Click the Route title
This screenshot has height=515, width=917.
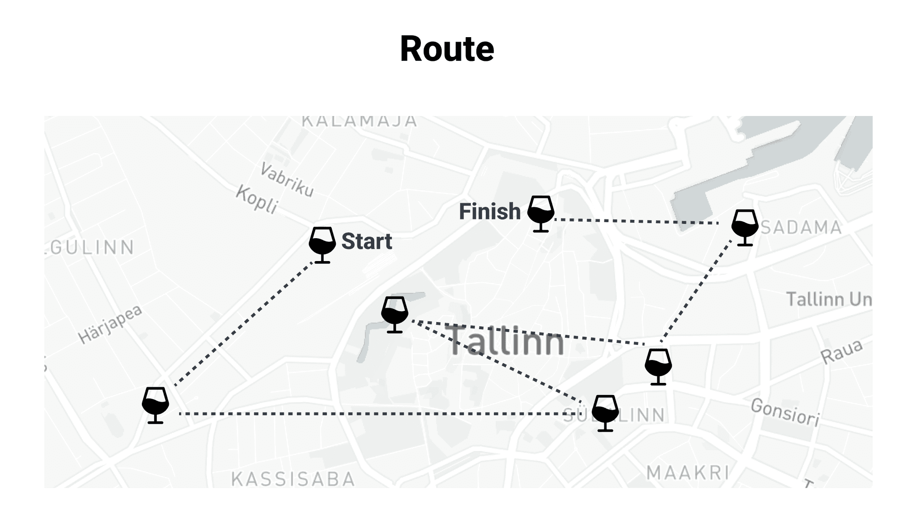click(447, 49)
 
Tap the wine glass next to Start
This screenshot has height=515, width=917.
click(322, 244)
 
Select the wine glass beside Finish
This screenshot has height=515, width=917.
click(540, 213)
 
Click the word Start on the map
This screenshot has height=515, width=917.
click(367, 241)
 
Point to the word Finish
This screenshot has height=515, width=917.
click(490, 211)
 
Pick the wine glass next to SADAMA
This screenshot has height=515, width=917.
click(745, 227)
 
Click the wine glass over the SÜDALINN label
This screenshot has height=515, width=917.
click(605, 412)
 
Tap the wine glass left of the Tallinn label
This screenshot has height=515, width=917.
click(394, 314)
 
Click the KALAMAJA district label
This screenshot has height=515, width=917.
click(359, 121)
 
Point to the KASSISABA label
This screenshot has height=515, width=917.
click(293, 479)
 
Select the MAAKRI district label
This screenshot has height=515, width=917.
click(688, 472)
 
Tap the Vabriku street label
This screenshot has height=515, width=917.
click(287, 180)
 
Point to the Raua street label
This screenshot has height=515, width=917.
click(841, 352)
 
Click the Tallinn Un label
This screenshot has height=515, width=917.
click(829, 299)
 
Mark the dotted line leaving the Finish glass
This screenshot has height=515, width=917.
click(636, 221)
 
